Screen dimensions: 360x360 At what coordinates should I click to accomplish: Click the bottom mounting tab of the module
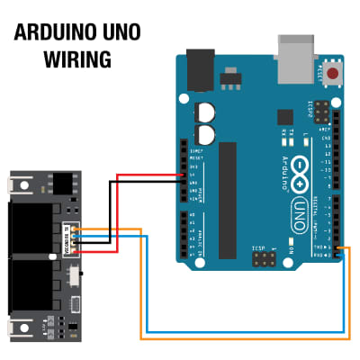click(x=17, y=328)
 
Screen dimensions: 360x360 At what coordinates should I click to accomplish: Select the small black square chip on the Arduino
click(x=284, y=116)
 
